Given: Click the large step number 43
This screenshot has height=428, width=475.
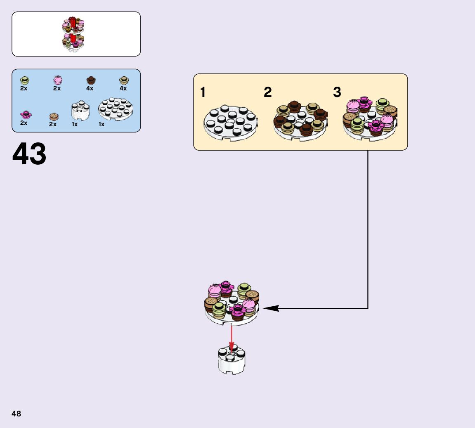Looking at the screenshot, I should click(x=29, y=154).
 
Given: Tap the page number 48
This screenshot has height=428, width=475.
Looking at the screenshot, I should click(x=16, y=414).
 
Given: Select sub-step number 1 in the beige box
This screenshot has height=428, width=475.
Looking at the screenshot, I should click(x=203, y=92).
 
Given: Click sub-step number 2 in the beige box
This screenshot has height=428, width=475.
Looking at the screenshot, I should click(x=268, y=92).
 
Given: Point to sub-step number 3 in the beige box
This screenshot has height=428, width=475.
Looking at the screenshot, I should click(x=337, y=92).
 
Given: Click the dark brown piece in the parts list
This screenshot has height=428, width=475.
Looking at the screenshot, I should click(x=90, y=80).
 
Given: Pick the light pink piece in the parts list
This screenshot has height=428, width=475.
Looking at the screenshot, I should click(x=57, y=80).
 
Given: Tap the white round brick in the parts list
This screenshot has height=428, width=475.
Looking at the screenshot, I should click(x=80, y=111).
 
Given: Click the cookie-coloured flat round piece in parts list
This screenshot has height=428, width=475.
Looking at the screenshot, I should click(x=54, y=116).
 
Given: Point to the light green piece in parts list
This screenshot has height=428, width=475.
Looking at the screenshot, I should click(x=24, y=80).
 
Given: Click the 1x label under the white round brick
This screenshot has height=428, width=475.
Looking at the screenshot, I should click(x=75, y=124).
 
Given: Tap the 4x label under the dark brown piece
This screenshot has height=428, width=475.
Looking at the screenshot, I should click(x=90, y=88).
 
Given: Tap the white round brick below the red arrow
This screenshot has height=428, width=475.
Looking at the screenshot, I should click(x=232, y=361).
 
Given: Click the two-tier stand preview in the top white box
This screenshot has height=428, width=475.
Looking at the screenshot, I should click(x=74, y=34).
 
